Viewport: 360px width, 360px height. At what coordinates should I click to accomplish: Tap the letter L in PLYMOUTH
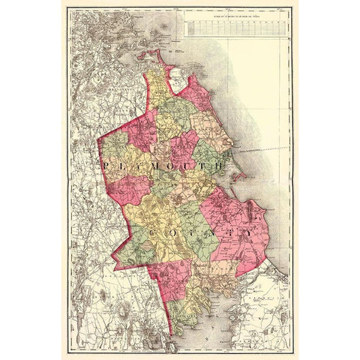pyautogui.click(x=121, y=162)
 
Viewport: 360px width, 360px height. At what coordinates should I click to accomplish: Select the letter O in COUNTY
pyautogui.click(x=170, y=235)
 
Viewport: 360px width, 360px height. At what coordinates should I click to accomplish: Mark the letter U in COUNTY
pyautogui.click(x=190, y=235)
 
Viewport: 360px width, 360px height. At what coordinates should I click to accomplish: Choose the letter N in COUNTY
pyautogui.click(x=209, y=235)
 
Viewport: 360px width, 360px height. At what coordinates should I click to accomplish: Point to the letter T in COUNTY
pyautogui.click(x=229, y=235)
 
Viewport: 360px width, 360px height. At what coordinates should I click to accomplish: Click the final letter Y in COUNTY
pyautogui.click(x=248, y=235)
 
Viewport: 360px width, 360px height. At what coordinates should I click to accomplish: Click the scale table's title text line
pyautogui.click(x=235, y=13)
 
